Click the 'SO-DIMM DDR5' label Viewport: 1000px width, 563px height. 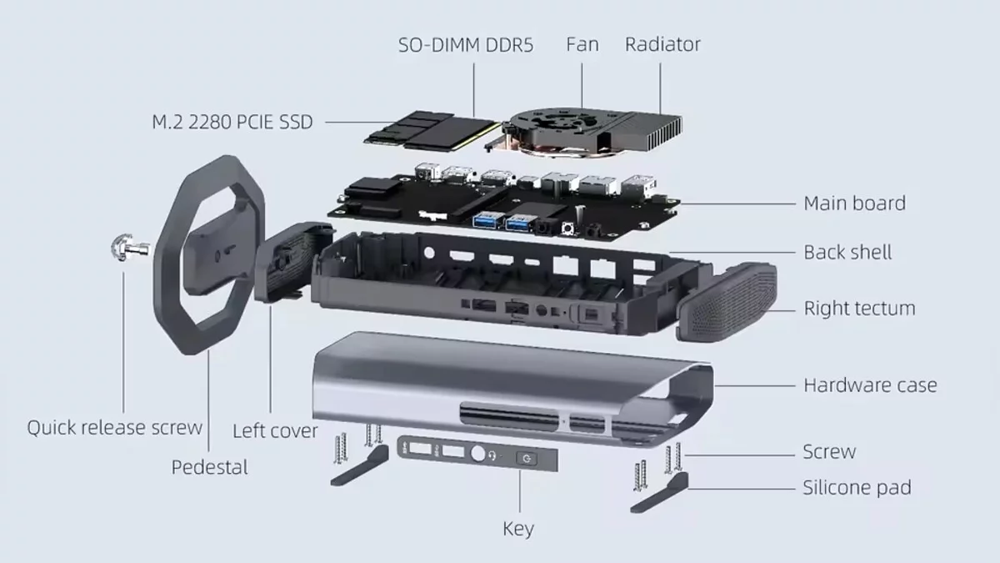coord(466,45)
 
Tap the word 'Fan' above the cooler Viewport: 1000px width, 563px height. coord(582,44)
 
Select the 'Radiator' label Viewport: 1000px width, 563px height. coord(662,44)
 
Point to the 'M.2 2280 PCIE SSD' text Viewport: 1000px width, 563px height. coord(232,122)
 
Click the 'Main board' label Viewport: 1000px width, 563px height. coord(855,204)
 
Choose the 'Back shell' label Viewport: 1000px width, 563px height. coord(847,253)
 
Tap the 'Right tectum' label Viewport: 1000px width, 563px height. coord(859,309)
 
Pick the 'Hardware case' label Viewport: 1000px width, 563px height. coord(870,385)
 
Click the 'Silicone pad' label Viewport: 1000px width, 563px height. coord(857,487)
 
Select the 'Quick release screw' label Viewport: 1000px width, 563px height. coord(115,428)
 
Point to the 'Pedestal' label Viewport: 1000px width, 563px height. coord(210,467)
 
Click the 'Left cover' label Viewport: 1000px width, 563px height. coord(275,430)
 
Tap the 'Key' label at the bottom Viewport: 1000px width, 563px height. coord(518,529)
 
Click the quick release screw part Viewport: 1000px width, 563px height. coord(129,247)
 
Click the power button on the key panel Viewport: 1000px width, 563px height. coord(527,459)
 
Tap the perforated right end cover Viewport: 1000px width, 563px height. coord(727,302)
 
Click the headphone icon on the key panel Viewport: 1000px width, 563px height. coord(492,455)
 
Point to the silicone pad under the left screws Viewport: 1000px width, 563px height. coord(360,465)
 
